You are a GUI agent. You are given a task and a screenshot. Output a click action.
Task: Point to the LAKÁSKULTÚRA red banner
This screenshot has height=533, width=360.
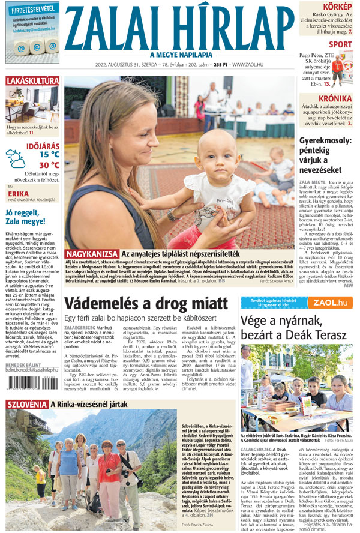[x=32, y=80]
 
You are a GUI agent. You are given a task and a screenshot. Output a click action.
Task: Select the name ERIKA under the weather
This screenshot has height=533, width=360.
[x=19, y=194]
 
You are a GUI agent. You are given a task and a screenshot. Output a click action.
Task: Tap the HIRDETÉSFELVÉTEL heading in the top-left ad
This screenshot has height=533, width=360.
[x=32, y=8]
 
